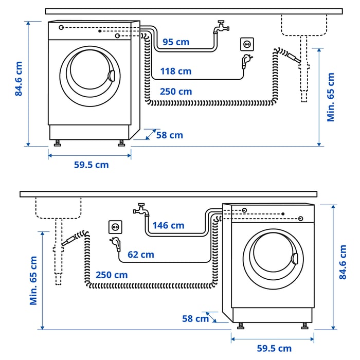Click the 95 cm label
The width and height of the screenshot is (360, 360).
pyautogui.click(x=176, y=42)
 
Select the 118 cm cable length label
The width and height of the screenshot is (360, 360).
pyautogui.click(x=175, y=71)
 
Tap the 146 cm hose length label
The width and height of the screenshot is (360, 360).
pyautogui.click(x=168, y=225)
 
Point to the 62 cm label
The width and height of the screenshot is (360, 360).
pyautogui.click(x=140, y=255)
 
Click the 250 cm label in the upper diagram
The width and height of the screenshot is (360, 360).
pyautogui.click(x=175, y=92)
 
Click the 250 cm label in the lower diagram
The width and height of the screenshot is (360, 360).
pyautogui.click(x=112, y=275)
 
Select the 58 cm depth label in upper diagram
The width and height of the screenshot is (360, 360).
pyautogui.click(x=169, y=135)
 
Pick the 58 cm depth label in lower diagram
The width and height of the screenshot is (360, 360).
pyautogui.click(x=195, y=318)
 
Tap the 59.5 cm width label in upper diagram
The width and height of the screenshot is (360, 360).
pyautogui.click(x=91, y=165)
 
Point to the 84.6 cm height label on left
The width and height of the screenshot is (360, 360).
pyautogui.click(x=19, y=79)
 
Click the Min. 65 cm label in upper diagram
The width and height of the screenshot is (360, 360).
pyautogui.click(x=331, y=97)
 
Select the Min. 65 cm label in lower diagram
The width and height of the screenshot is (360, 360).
pyautogui.click(x=34, y=280)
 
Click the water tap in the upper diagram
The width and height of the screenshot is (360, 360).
pyautogui.click(x=221, y=27)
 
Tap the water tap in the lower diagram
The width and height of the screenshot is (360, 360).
pyautogui.click(x=140, y=209)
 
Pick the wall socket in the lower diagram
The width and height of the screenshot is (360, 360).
pyautogui.click(x=115, y=226)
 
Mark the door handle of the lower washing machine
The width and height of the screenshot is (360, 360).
pyautogui.click(x=295, y=259)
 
